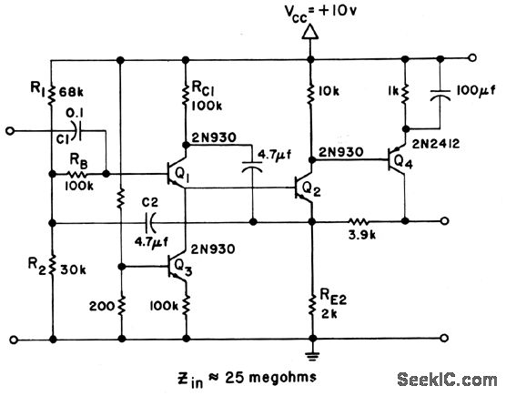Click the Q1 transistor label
click(182, 176)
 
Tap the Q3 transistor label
click(183, 269)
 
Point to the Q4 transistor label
click(403, 162)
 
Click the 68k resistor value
click(71, 93)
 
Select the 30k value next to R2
click(73, 270)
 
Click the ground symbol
click(312, 356)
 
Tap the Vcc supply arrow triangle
click(310, 33)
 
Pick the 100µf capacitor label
click(476, 92)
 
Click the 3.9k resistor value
click(362, 235)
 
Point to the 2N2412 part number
click(436, 144)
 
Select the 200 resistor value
click(102, 306)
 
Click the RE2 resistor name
click(333, 298)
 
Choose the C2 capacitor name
click(150, 203)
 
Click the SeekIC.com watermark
click(447, 381)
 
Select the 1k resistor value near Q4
click(392, 91)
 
